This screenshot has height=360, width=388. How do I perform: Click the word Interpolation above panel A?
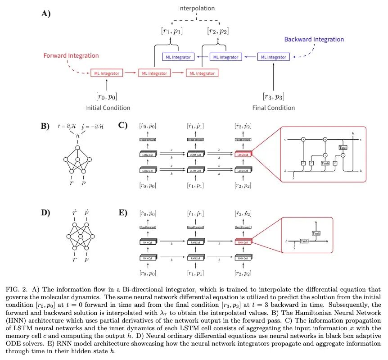click(x=196, y=8)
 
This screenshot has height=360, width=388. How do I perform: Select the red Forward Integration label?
click(x=71, y=55)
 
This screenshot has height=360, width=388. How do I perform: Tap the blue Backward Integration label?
click(x=314, y=39)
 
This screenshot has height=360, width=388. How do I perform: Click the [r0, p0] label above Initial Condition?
click(x=107, y=96)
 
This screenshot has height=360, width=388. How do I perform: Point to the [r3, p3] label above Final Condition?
click(x=273, y=96)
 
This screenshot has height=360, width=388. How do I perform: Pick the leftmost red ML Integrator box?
click(x=107, y=73)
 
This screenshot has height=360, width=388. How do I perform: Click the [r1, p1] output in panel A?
click(x=172, y=31)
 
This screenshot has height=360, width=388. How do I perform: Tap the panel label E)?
click(x=123, y=212)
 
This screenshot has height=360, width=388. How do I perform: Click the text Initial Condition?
click(x=108, y=108)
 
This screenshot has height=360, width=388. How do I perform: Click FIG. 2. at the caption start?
click(x=16, y=288)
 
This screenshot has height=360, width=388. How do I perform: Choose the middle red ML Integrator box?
click(x=154, y=73)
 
